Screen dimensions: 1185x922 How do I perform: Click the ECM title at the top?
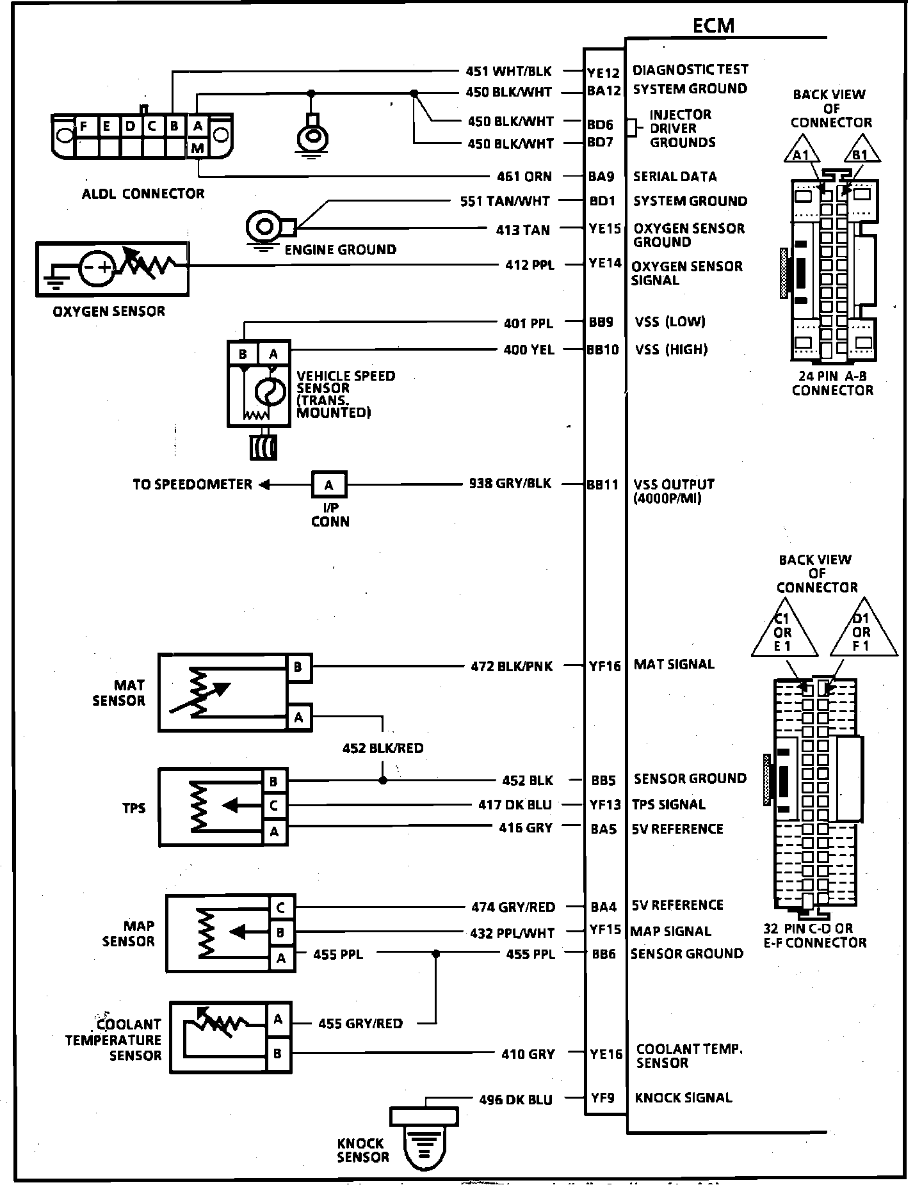pyautogui.click(x=713, y=25)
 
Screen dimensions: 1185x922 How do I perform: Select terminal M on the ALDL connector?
pyautogui.click(x=198, y=148)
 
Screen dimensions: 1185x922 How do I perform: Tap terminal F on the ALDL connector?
pyautogui.click(x=83, y=127)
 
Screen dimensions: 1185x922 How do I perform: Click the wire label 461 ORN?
pyautogui.click(x=524, y=176)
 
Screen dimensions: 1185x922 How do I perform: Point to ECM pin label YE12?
pyautogui.click(x=604, y=72)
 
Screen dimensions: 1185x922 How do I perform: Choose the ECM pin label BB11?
pyautogui.click(x=603, y=484)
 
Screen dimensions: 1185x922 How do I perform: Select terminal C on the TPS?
pyautogui.click(x=274, y=806)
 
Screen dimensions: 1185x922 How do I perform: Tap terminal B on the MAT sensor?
pyautogui.click(x=298, y=667)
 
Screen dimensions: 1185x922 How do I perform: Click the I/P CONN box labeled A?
pyautogui.click(x=329, y=484)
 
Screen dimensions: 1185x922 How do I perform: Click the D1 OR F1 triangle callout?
pyautogui.click(x=862, y=631)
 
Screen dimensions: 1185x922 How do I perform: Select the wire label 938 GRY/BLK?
pyautogui.click(x=510, y=483)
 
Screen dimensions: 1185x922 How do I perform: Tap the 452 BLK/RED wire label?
pyautogui.click(x=383, y=747)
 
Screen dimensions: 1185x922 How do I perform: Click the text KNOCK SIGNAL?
pyautogui.click(x=683, y=1097)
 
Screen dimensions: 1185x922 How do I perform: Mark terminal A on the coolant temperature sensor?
pyautogui.click(x=278, y=1019)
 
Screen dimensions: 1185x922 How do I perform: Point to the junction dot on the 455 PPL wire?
pyautogui.click(x=436, y=954)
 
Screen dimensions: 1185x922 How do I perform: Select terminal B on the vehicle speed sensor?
pyautogui.click(x=243, y=354)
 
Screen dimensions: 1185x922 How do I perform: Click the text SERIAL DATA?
pyautogui.click(x=674, y=176)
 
